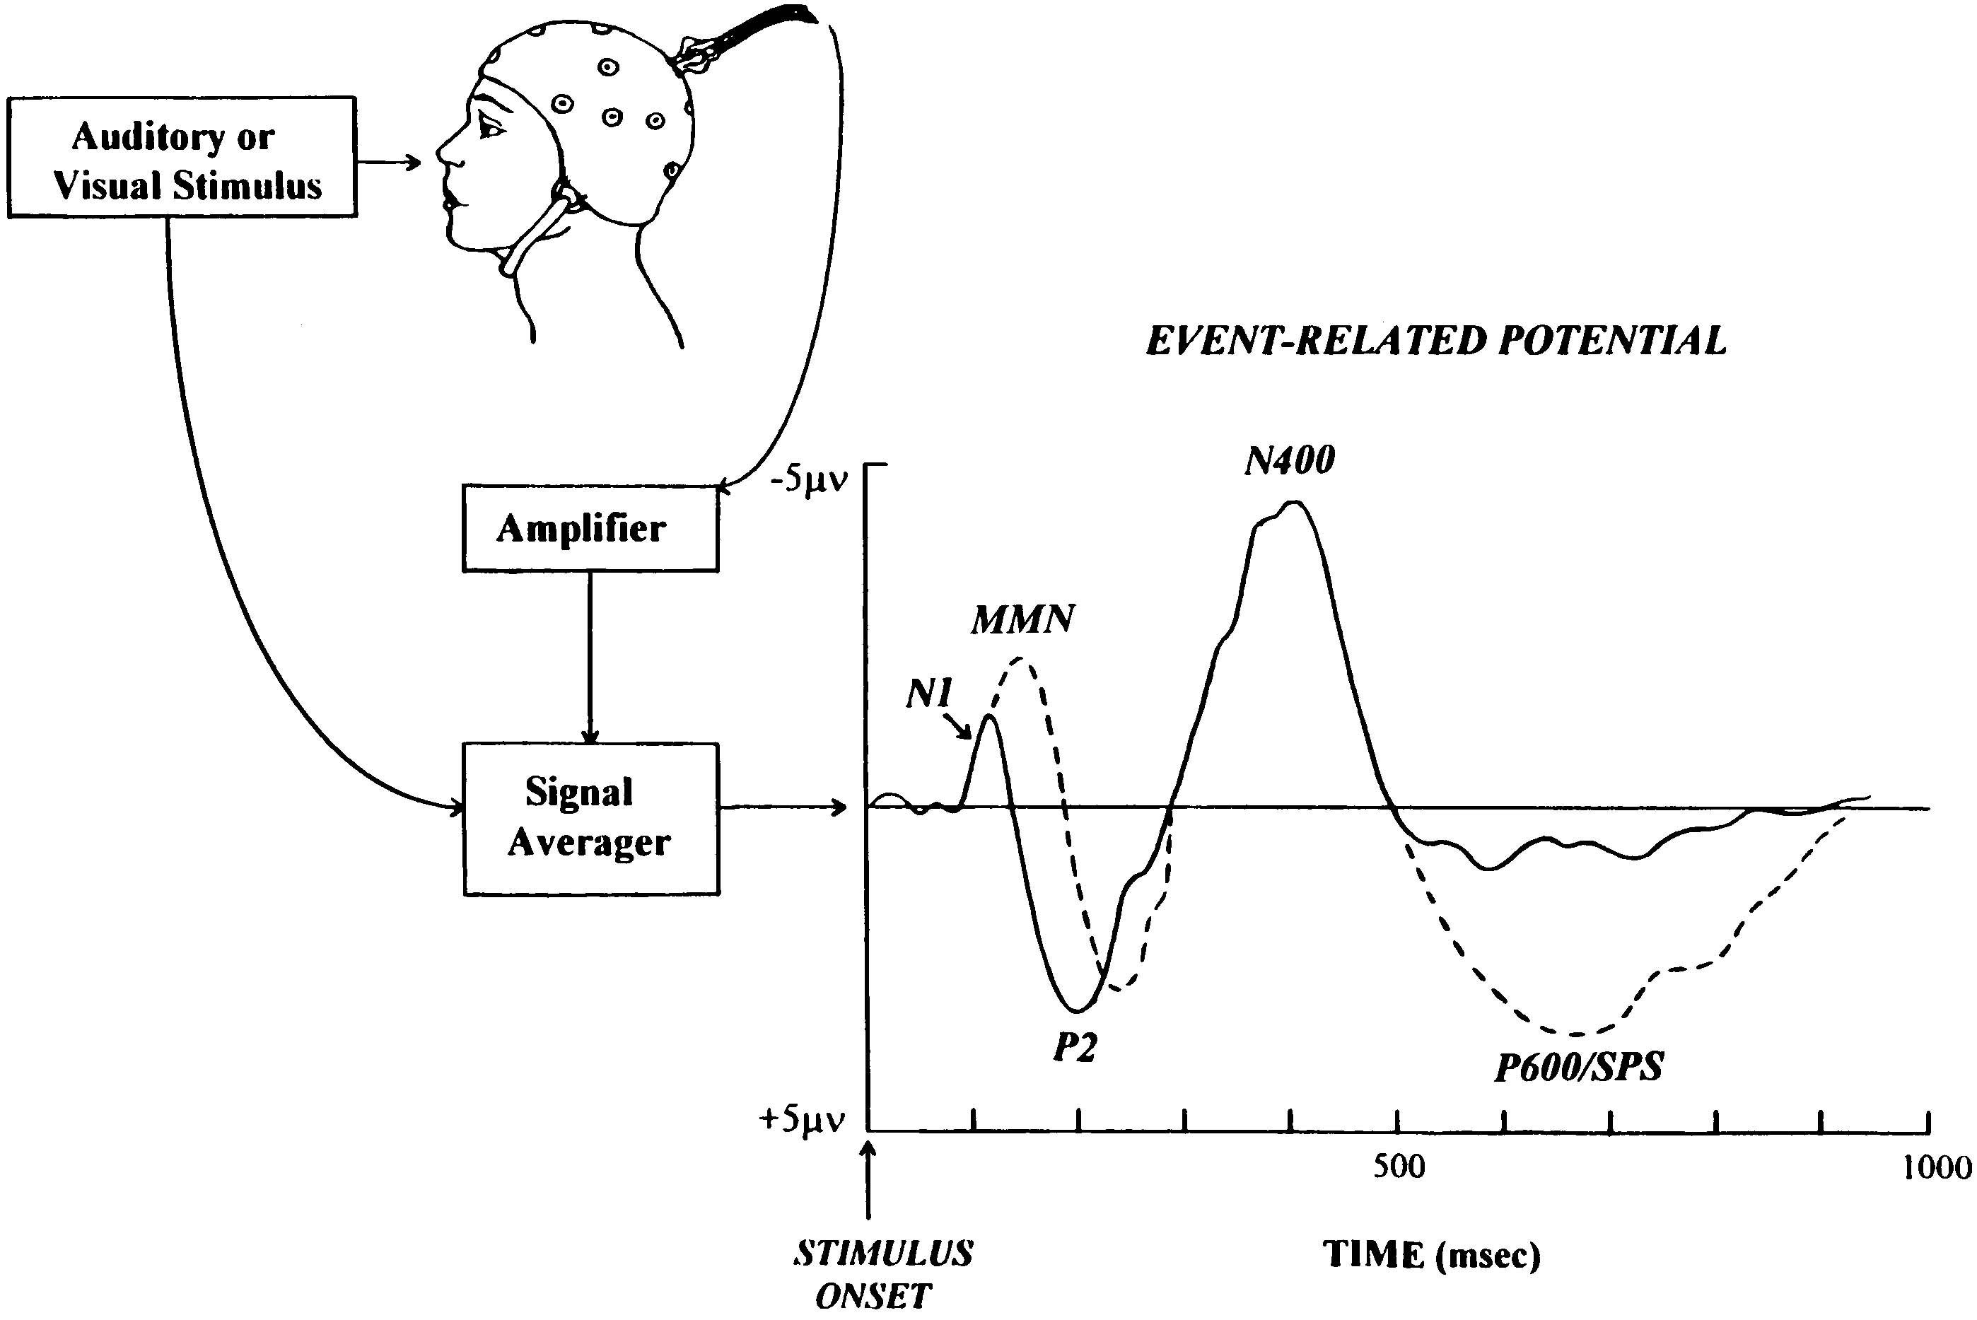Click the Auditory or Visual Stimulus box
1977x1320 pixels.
[182, 158]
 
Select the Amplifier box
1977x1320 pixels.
[590, 529]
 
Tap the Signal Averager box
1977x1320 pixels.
[591, 819]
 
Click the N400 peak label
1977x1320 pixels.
[1289, 460]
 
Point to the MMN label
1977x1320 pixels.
[1023, 621]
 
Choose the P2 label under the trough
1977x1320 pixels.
[1075, 1046]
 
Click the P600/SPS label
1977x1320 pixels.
[1579, 1068]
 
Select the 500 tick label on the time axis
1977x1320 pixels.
[1399, 1167]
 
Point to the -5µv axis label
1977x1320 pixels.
[808, 482]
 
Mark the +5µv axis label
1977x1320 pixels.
[802, 1120]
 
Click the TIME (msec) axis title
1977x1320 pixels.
[1431, 1254]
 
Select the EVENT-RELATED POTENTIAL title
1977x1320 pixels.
[1435, 341]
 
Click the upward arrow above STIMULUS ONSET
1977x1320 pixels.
[870, 1179]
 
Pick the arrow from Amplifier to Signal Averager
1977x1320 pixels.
[590, 658]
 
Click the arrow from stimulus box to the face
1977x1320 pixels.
[388, 160]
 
